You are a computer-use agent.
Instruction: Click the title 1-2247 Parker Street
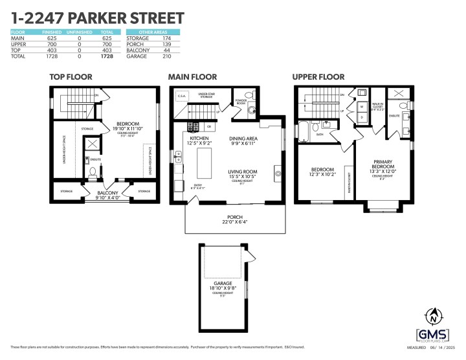(97, 17)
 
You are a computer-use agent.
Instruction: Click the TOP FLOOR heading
(71, 76)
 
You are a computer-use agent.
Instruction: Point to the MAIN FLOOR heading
(192, 76)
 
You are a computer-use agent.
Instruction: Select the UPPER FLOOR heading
(318, 76)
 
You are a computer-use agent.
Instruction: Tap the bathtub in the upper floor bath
(304, 131)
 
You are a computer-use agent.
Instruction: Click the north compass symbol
(433, 317)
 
